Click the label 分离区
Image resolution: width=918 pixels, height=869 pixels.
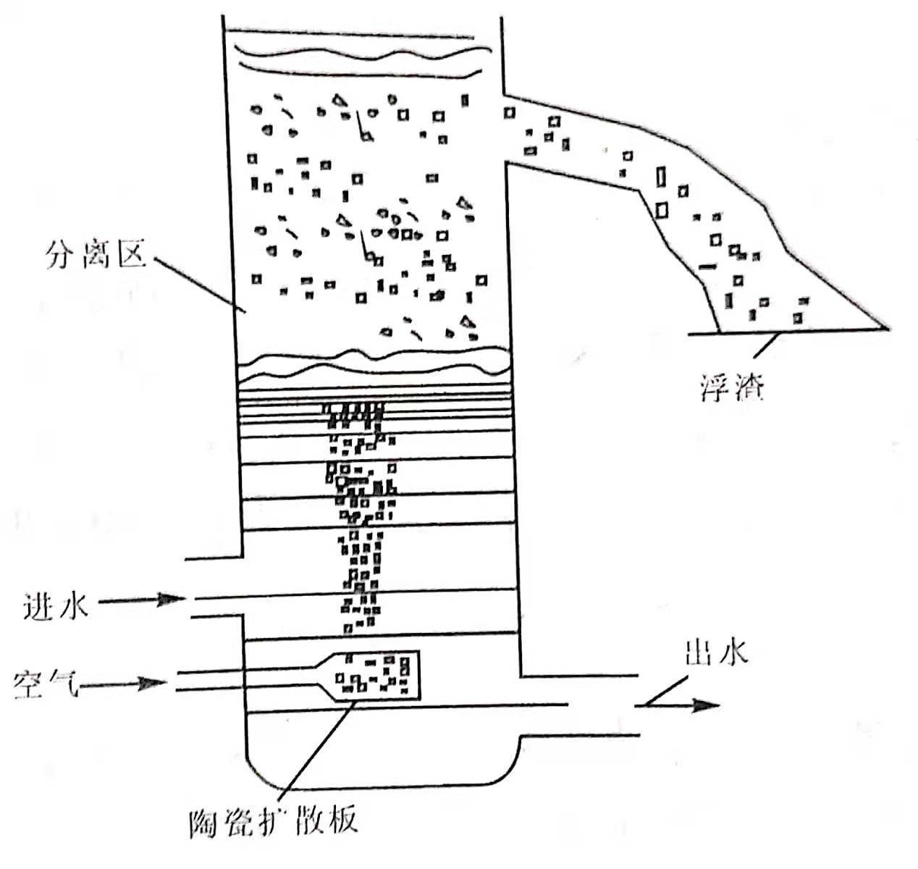(x=95, y=255)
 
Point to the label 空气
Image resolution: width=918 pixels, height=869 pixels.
(x=45, y=683)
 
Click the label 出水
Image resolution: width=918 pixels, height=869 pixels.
(x=716, y=653)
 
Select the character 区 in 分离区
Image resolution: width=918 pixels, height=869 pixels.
(x=131, y=255)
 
